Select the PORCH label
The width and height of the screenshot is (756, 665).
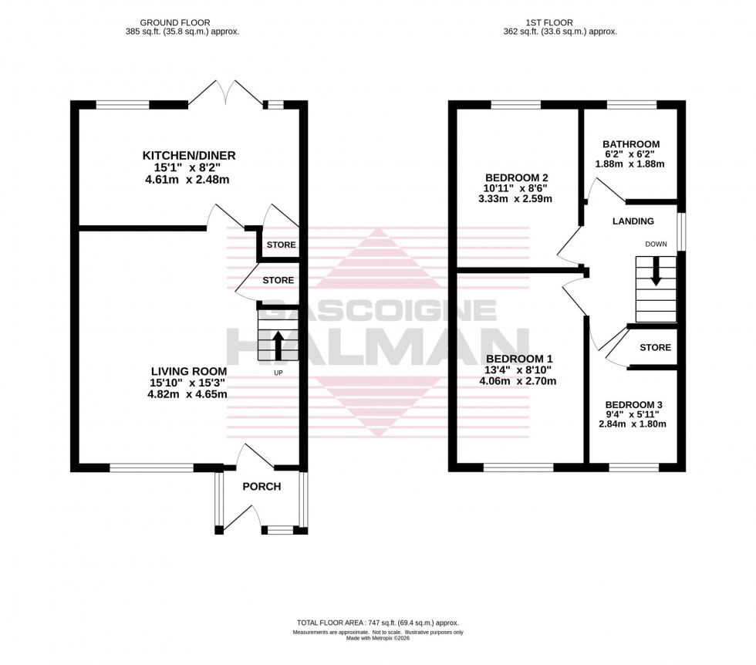pos(262,486)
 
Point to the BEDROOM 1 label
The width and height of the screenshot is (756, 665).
pos(521,359)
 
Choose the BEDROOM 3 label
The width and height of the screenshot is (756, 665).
pos(634,405)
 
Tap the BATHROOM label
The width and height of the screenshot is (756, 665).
pos(631,144)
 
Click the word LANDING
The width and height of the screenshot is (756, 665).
pos(633,221)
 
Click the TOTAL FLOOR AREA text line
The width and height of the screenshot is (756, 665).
pos(377,623)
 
